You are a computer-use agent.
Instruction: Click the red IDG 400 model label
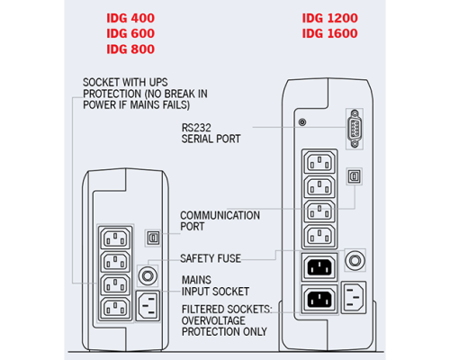click(130, 18)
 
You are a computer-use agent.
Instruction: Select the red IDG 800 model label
click(130, 49)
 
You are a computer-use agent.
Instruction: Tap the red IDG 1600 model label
click(329, 33)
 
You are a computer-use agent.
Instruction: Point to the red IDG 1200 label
click(329, 18)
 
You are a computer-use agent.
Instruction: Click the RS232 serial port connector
click(355, 129)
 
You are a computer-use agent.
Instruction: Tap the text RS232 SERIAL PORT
click(211, 133)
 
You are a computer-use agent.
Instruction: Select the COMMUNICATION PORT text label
click(220, 220)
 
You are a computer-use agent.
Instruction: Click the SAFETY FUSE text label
click(211, 258)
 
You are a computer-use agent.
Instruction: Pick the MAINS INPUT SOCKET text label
click(215, 285)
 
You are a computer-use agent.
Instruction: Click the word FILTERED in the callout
click(202, 310)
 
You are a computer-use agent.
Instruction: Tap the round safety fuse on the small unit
click(148, 275)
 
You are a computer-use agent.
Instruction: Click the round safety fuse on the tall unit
click(355, 260)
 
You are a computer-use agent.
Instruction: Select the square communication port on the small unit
click(153, 238)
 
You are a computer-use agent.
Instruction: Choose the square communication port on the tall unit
click(355, 176)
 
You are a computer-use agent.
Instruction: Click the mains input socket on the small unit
click(148, 306)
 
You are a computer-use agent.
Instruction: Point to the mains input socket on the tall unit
click(354, 297)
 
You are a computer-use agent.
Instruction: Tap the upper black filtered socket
click(319, 266)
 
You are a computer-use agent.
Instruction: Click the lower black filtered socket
click(319, 299)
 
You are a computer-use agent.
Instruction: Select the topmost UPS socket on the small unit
click(115, 238)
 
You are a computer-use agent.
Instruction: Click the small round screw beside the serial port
click(302, 122)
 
